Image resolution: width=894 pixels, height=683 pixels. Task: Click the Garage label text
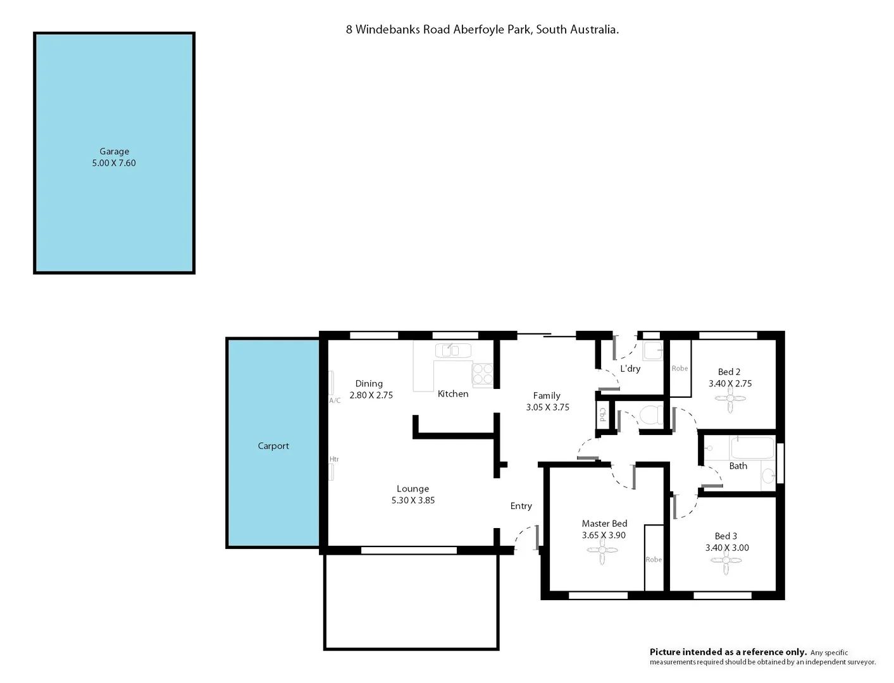tap(114, 151)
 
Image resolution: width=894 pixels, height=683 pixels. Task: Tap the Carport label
tap(273, 446)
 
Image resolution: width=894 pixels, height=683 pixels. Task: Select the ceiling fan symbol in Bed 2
tap(730, 399)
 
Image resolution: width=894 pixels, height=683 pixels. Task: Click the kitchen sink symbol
tap(452, 350)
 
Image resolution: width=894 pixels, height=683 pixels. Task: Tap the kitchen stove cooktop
tap(483, 374)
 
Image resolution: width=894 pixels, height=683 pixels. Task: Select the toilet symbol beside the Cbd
tap(650, 415)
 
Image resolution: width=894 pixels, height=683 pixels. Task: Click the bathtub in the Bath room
tap(752, 448)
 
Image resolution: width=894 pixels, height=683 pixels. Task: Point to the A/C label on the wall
tap(335, 400)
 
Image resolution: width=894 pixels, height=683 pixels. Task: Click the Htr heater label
tap(334, 459)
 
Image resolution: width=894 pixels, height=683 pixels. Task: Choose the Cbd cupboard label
tap(603, 415)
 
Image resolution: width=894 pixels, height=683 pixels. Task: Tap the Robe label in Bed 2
tap(680, 368)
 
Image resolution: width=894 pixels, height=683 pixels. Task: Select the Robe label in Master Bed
tap(654, 560)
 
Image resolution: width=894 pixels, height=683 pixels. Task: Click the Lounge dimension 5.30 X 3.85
tap(413, 500)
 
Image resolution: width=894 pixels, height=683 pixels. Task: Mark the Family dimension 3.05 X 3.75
tap(547, 407)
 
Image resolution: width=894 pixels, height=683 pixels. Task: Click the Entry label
tap(521, 506)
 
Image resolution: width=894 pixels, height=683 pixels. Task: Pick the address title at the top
tap(482, 29)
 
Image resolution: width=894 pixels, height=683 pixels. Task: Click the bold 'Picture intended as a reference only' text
tap(728, 652)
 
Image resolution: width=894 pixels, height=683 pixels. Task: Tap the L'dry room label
tap(630, 369)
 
